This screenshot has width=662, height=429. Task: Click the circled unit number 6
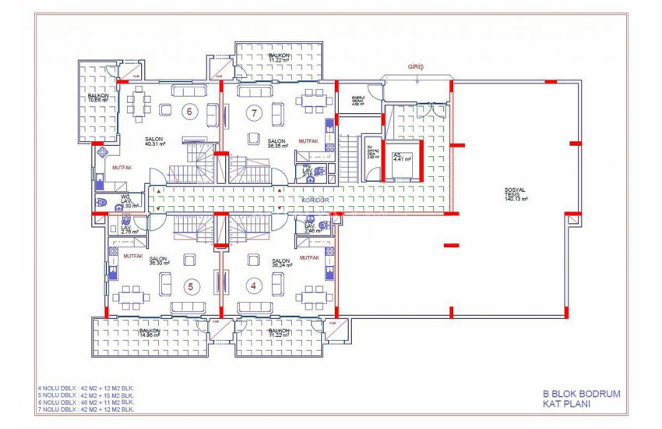pos(188,112)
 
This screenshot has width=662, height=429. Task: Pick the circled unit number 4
pos(253,285)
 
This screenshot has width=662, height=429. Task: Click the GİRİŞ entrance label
pos(416,68)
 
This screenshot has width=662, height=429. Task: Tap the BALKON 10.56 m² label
pos(97,97)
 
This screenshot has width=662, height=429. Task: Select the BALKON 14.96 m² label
pos(150,333)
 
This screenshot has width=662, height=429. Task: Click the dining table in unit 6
pos(141,103)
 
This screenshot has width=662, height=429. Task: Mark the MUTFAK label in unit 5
pos(132,256)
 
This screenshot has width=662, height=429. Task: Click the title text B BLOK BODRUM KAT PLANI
pos(580,399)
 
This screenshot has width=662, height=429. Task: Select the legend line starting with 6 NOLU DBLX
pos(86,401)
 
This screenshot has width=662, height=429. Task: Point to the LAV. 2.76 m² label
pos(129,229)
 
